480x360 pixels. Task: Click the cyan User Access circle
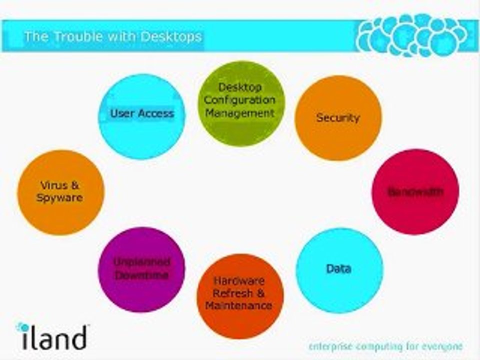tap(141, 116)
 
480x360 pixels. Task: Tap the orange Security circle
tap(338, 118)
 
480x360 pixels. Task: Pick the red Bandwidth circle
tap(415, 191)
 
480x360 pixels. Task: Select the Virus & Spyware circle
tap(60, 192)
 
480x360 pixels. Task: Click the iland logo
tap(52, 336)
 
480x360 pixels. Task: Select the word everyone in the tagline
tap(441, 346)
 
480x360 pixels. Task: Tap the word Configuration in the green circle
tap(239, 99)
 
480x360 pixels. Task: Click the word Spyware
tap(59, 198)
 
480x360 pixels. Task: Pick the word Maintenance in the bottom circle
tap(238, 305)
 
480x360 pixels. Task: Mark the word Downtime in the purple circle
tap(141, 275)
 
